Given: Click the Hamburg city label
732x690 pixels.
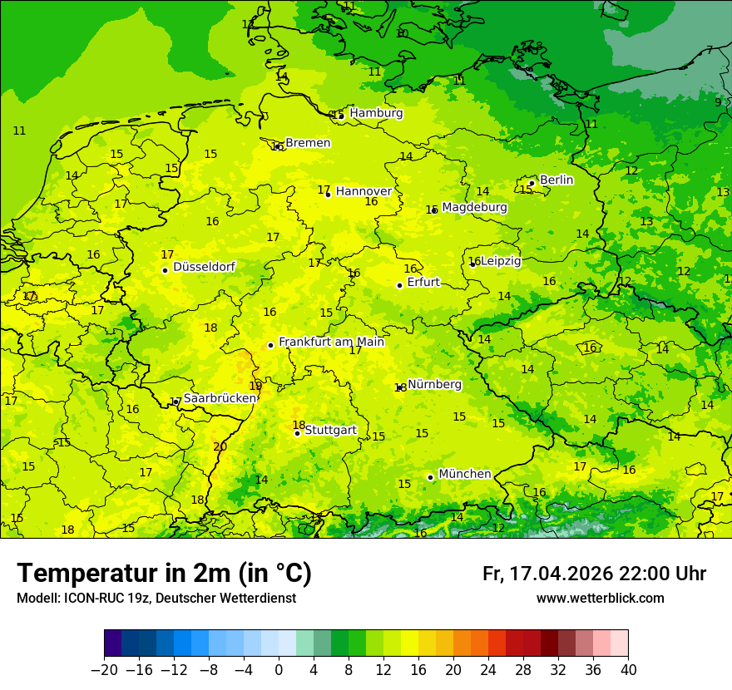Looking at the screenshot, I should point(376,113).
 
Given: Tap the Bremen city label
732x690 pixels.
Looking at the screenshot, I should point(308,143).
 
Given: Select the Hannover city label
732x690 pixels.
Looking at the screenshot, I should point(364,191).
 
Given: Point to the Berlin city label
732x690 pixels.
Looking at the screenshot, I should point(556,180).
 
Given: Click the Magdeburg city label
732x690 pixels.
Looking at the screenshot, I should point(474,207).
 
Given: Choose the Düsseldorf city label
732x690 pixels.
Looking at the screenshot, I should point(204,267).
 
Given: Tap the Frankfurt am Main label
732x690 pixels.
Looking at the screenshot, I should point(331,342).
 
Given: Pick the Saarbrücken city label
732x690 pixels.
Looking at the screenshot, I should point(220,398).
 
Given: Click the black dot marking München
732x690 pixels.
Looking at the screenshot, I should point(430,477).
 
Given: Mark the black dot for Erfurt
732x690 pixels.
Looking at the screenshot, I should point(399,285).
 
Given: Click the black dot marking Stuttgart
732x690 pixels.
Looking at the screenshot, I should point(297,433).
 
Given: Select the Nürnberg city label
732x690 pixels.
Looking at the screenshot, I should point(434,384).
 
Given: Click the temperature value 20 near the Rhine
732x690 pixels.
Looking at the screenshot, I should point(220,446).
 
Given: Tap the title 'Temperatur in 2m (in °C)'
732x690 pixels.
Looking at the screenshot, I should point(165,573).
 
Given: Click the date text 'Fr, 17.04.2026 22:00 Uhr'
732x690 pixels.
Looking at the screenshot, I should point(594,574).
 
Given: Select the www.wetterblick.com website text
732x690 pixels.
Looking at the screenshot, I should point(600,598).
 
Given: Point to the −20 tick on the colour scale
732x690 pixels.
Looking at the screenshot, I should point(105,670).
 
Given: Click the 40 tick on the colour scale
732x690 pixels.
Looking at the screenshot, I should point(628,670).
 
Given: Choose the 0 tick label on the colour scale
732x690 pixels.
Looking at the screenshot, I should point(279,670).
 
